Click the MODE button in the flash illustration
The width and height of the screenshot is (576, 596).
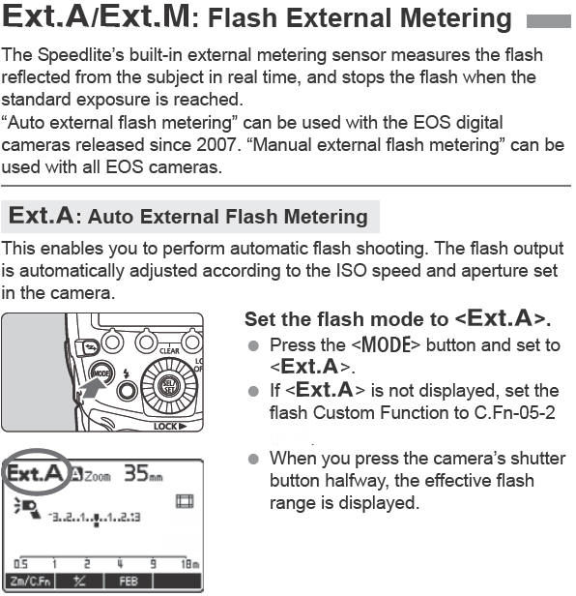click(x=101, y=372)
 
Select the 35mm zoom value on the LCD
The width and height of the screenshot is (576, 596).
click(x=142, y=474)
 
